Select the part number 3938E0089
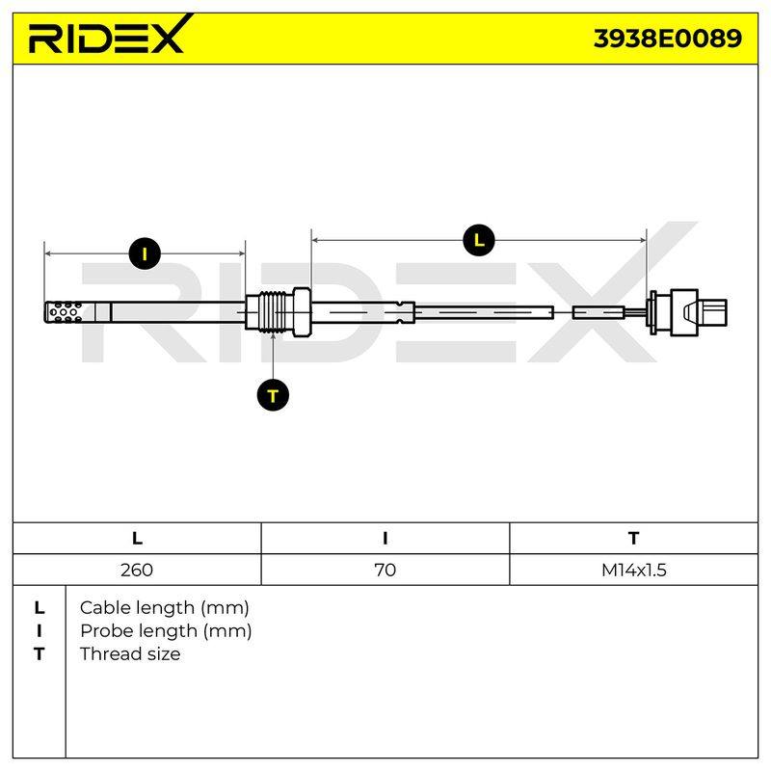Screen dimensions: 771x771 pyautogui.click(x=667, y=39)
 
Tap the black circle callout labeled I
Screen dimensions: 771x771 pyautogui.click(x=145, y=253)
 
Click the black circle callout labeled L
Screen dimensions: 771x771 pyautogui.click(x=478, y=240)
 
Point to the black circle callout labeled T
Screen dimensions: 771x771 pyautogui.click(x=273, y=395)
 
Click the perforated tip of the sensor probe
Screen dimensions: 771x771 pyautogui.click(x=64, y=312)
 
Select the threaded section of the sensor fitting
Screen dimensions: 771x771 pyautogui.click(x=272, y=311)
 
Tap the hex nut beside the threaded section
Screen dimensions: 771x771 pyautogui.click(x=302, y=311)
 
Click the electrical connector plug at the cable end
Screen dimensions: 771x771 pyautogui.click(x=688, y=312)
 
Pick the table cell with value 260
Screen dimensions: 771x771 pyautogui.click(x=137, y=570)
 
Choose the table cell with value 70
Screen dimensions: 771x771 pyautogui.click(x=385, y=570)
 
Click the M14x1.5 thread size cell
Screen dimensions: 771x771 pyautogui.click(x=634, y=570)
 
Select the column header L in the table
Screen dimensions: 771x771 pyautogui.click(x=137, y=539)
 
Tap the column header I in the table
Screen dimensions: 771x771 pyautogui.click(x=385, y=539)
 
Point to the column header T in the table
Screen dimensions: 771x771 pyautogui.click(x=634, y=539)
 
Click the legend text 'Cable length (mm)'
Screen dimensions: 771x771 pyautogui.click(x=164, y=608)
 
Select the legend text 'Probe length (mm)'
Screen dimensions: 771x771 pyautogui.click(x=166, y=631)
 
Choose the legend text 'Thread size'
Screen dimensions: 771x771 pyautogui.click(x=130, y=654)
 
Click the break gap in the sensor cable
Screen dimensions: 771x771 pyautogui.click(x=563, y=312)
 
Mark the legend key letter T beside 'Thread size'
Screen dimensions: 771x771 pyautogui.click(x=39, y=654)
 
